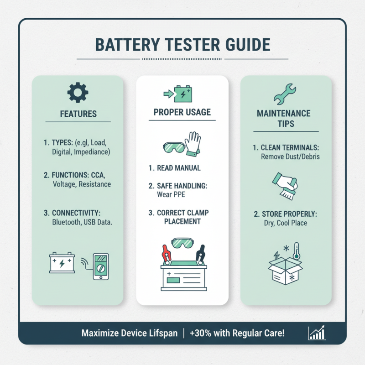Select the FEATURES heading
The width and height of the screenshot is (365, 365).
click(78, 114)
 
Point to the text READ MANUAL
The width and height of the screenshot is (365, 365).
click(179, 168)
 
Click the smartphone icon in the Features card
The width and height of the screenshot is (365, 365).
click(100, 266)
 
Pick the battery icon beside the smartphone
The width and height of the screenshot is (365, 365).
click(62, 263)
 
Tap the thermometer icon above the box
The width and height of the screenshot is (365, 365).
click(296, 251)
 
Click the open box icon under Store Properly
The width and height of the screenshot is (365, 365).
click(284, 271)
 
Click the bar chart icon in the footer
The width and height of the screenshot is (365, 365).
click(317, 333)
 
